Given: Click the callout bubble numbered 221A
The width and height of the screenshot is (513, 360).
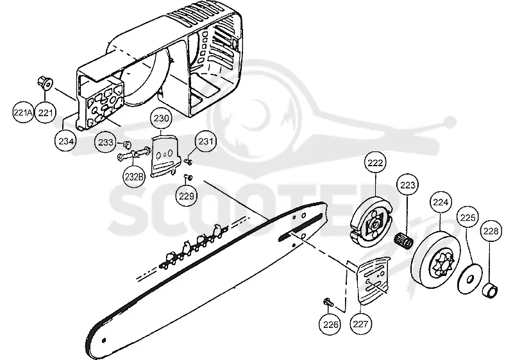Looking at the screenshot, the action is pyautogui.click(x=23, y=113).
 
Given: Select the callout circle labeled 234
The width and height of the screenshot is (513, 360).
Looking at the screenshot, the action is pyautogui.click(x=66, y=141).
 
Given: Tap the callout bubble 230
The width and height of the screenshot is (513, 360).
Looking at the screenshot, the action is pyautogui.click(x=161, y=119).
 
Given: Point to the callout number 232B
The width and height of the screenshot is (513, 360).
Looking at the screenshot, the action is pyautogui.click(x=134, y=176).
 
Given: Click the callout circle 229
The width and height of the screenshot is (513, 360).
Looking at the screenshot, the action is pyautogui.click(x=187, y=196).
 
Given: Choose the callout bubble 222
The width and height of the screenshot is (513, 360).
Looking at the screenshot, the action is pyautogui.click(x=375, y=162).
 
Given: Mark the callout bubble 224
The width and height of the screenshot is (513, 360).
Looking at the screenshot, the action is pyautogui.click(x=441, y=202).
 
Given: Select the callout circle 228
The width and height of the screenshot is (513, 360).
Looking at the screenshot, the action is pyautogui.click(x=491, y=231).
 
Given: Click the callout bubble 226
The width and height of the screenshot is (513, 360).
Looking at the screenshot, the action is pyautogui.click(x=330, y=324).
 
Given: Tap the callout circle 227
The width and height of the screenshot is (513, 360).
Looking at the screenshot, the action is pyautogui.click(x=360, y=324).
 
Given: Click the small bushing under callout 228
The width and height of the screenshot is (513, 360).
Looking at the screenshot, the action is pyautogui.click(x=491, y=291).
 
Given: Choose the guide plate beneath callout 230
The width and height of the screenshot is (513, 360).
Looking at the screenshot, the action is pyautogui.click(x=165, y=157).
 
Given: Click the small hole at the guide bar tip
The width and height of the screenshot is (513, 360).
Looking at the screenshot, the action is pyautogui.click(x=104, y=340).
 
